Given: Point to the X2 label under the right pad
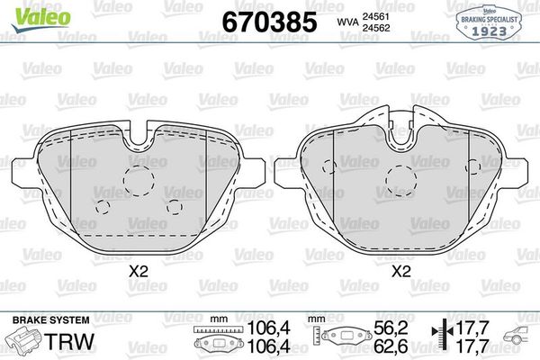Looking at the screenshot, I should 400,269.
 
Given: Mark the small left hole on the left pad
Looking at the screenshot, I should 101,208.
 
